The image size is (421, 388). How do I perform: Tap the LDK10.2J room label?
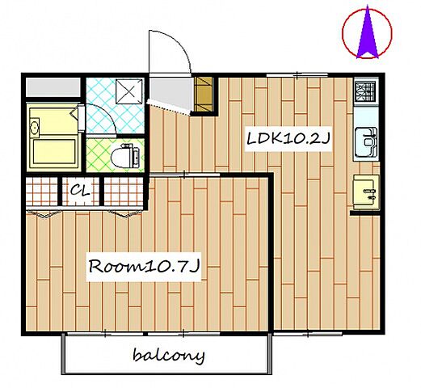[x=288, y=139]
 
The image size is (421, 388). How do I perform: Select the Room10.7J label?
[x=144, y=267]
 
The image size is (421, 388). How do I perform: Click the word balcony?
[x=169, y=356]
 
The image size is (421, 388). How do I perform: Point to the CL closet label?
[x=80, y=190]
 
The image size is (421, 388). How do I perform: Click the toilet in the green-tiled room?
[x=125, y=157]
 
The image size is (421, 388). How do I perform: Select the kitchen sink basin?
[x=366, y=142]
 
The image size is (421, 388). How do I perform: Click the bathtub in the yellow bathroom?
[x=54, y=152]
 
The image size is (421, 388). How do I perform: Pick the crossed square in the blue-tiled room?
[x=129, y=91]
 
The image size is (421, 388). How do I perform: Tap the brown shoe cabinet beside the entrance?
[x=204, y=95]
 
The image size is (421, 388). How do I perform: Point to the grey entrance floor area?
[x=171, y=93]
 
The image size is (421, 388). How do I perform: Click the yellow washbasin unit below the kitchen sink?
[x=366, y=192]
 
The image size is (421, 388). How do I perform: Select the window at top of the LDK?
[x=297, y=74]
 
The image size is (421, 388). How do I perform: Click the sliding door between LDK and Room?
[x=184, y=175]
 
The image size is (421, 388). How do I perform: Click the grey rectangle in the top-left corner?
[x=53, y=87]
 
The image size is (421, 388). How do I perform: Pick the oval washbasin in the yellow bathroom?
[x=35, y=126]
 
